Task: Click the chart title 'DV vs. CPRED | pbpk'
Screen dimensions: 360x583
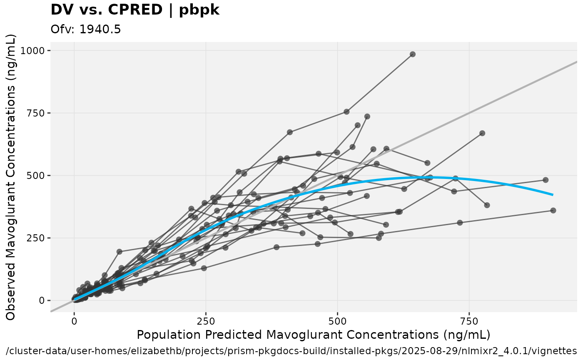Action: point(135,10)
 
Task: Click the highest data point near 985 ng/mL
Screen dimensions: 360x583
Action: point(412,54)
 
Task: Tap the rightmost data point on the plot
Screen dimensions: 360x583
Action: point(553,211)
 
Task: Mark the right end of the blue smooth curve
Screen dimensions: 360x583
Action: point(553,194)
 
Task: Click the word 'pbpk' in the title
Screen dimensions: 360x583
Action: point(199,10)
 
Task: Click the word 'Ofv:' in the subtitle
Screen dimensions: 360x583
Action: point(62,30)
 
